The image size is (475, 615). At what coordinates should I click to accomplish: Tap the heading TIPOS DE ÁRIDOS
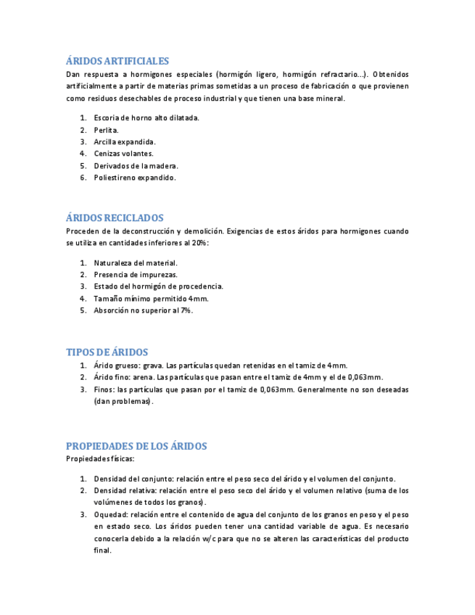pos(107,352)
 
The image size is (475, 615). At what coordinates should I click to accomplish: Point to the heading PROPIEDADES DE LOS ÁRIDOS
pos(136,446)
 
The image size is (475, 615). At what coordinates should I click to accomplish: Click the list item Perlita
pos(106,130)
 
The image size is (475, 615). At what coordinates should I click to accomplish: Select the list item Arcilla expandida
pos(125,141)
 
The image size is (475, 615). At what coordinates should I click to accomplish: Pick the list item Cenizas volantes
pos(123,153)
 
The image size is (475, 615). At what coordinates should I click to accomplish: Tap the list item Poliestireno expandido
pos(135,177)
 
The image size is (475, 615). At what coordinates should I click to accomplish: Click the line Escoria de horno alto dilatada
pos(146,117)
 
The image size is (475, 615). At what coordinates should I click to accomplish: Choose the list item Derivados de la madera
pos(136,165)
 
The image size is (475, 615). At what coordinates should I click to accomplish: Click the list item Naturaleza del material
pos(136,263)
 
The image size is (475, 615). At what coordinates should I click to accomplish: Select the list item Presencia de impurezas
pos(136,275)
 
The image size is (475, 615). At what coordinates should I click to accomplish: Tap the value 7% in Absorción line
pos(186,310)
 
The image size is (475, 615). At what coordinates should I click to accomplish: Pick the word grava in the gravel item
pos(153,366)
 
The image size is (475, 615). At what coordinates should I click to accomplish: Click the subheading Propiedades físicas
pos(100,459)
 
